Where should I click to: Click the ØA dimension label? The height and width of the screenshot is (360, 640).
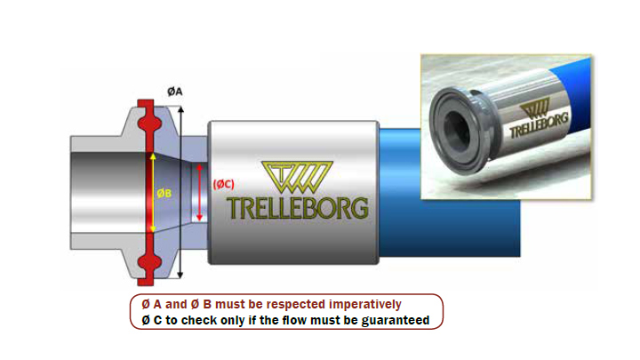click(x=175, y=92)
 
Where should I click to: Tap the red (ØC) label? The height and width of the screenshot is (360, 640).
click(x=223, y=185)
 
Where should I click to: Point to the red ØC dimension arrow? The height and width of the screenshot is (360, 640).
click(x=201, y=192)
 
